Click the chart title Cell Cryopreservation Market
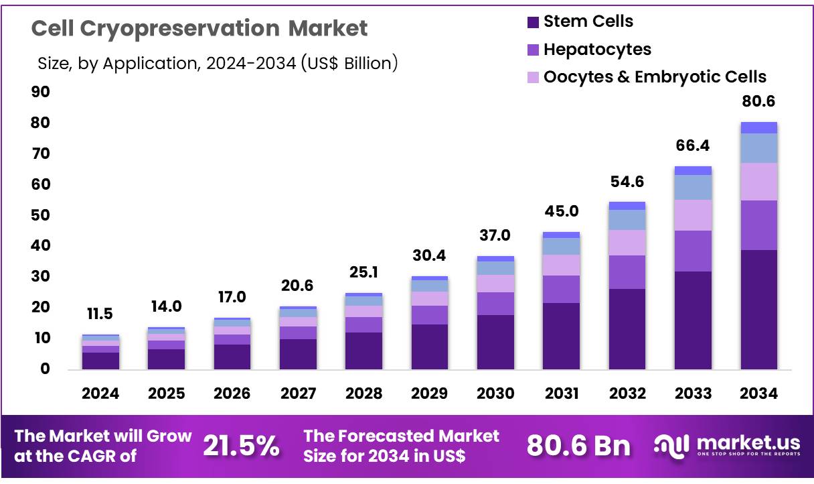click(x=199, y=28)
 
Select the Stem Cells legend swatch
click(x=533, y=22)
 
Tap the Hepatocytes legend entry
click(x=596, y=50)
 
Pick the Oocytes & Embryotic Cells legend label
click(x=655, y=77)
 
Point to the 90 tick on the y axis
click(x=40, y=92)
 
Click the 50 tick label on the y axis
click(x=40, y=215)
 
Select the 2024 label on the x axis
click(x=100, y=394)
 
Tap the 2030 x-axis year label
click(x=494, y=394)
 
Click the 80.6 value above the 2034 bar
click(x=758, y=102)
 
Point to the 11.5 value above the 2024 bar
click(x=100, y=314)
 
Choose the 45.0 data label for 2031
click(x=560, y=212)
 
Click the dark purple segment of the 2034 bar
click(x=758, y=310)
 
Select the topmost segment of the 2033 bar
click(x=693, y=170)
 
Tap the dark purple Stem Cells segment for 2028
click(x=363, y=351)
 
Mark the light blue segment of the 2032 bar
click(x=627, y=220)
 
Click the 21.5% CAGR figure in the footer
click(x=242, y=446)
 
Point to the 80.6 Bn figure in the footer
click(x=578, y=446)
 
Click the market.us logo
click(x=726, y=446)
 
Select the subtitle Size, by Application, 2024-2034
click(x=218, y=64)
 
